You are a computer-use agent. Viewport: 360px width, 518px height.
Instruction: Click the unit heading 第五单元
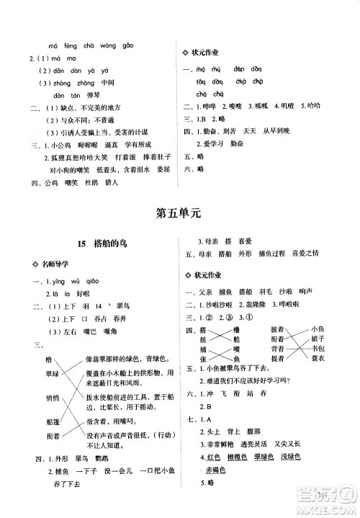click(180, 213)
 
